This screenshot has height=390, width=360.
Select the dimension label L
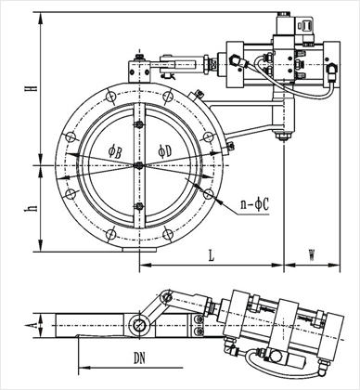pos(211,255)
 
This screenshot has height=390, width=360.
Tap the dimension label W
pos(312,255)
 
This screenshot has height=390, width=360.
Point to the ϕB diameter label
pos(115,151)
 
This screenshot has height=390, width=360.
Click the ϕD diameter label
pos(164,151)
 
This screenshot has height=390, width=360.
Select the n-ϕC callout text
pos(255,204)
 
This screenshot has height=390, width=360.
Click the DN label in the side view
pos(139,358)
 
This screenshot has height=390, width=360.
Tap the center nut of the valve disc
pos(139,165)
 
